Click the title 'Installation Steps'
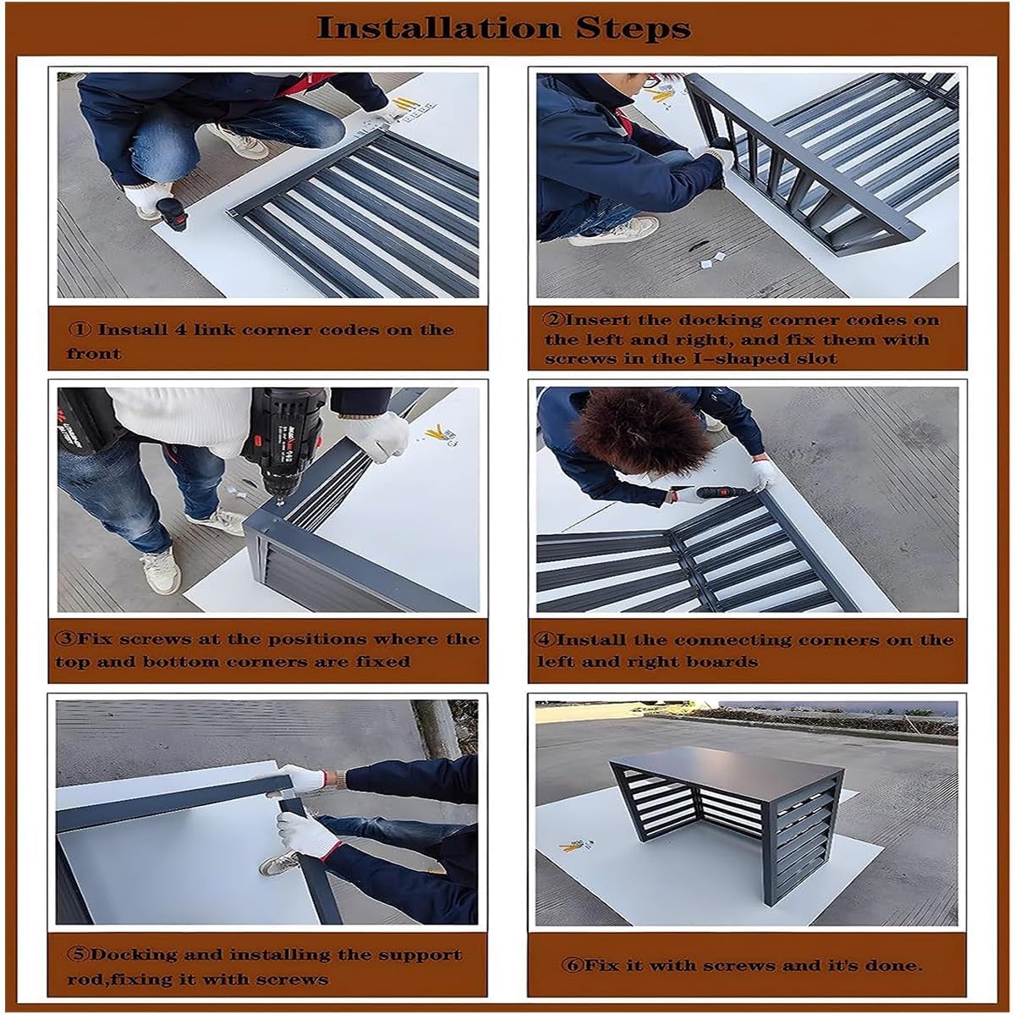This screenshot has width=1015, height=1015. [x=503, y=28]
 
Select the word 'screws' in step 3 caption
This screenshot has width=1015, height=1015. [x=156, y=639]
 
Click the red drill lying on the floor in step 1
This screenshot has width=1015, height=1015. [x=173, y=215]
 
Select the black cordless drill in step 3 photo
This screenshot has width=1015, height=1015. [x=283, y=440]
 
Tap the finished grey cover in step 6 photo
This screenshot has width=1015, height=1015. [x=727, y=813]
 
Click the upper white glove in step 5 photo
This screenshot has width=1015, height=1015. [x=300, y=778]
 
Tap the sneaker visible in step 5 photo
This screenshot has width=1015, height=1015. [x=279, y=863]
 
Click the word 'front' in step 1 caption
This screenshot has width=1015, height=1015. [x=94, y=353]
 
